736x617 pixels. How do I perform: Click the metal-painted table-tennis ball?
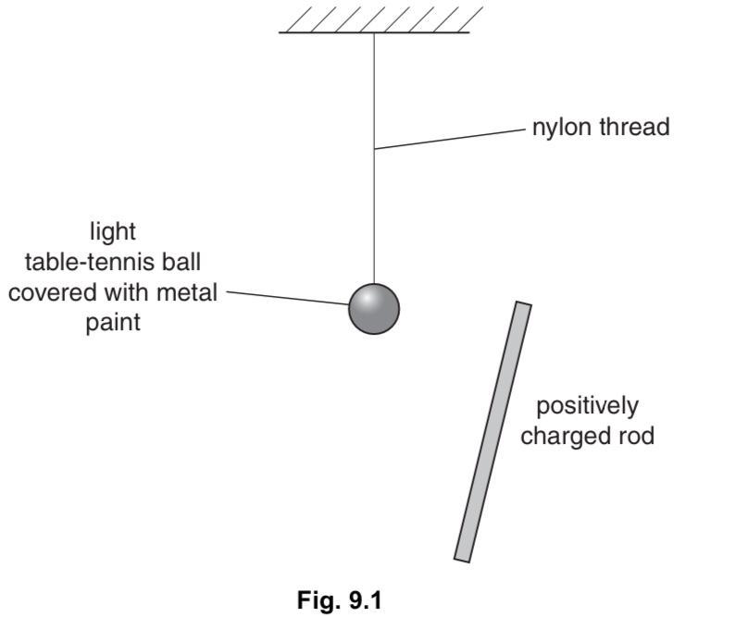(x=374, y=308)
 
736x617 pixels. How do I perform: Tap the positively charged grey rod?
(x=493, y=431)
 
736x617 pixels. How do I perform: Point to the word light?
(x=113, y=229)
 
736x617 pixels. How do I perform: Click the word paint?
(x=113, y=324)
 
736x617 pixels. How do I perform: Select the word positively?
(x=587, y=405)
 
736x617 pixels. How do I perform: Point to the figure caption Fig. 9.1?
(x=339, y=599)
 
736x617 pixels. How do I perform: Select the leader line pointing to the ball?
(x=287, y=298)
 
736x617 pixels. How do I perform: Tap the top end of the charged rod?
(x=523, y=306)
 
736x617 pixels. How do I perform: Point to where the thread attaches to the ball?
(x=374, y=283)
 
